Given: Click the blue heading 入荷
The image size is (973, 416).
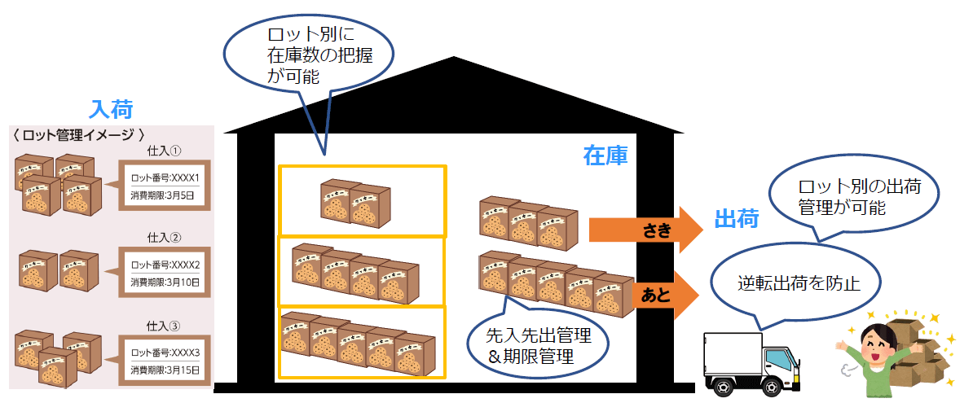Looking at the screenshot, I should point(111,109).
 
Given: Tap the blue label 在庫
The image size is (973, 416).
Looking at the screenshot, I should point(605,155).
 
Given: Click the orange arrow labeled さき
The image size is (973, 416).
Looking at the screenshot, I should point(645,230).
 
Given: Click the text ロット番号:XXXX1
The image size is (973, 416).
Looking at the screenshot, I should point(165,178).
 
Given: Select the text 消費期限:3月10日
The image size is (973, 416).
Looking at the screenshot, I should point(165,282).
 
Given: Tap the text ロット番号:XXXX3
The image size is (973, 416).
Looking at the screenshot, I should point(165,353).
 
